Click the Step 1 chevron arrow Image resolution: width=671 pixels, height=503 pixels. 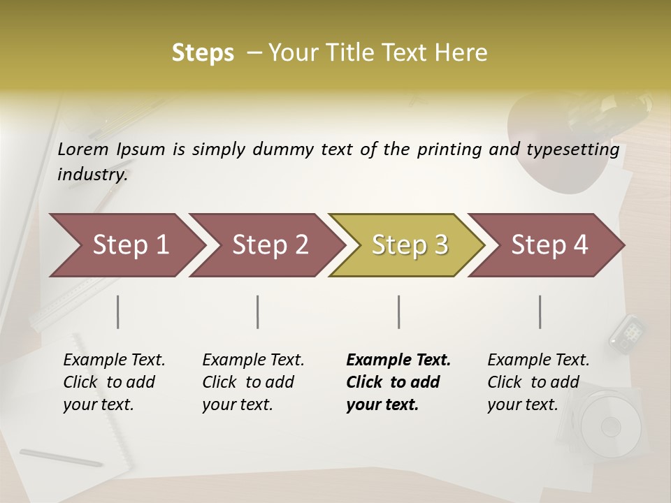(126, 245)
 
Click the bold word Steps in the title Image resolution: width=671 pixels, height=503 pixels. (203, 53)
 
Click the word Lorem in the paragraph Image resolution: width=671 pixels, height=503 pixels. (83, 150)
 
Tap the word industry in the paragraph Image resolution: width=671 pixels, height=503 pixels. (92, 174)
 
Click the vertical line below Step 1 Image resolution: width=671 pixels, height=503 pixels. (118, 312)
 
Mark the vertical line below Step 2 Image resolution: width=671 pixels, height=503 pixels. (258, 312)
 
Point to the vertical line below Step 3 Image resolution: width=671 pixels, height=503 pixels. (399, 312)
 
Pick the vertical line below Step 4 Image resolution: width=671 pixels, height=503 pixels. (540, 312)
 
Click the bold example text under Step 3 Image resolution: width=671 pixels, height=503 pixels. (397, 382)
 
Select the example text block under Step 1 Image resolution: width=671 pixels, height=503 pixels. (113, 382)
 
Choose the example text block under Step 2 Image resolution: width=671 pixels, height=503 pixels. (252, 382)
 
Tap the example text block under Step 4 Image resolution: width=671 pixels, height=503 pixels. (537, 382)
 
